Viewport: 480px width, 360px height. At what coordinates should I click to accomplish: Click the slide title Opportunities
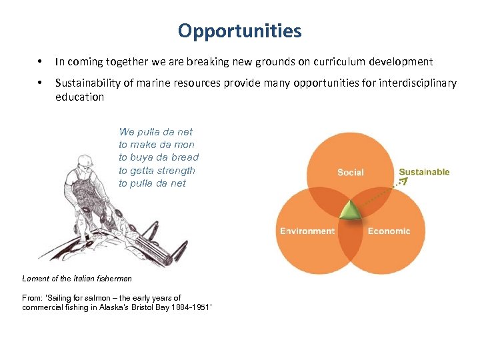[240, 31]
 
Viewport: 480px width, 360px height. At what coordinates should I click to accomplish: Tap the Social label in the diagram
[350, 172]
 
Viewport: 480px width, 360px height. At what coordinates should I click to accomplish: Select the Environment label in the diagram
[307, 231]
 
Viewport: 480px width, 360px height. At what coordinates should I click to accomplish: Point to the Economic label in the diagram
[389, 231]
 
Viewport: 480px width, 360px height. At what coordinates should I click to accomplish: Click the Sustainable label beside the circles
[424, 172]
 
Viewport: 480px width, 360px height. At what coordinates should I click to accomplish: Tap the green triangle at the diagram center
[349, 211]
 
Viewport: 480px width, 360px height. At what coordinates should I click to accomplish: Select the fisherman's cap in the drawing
[85, 161]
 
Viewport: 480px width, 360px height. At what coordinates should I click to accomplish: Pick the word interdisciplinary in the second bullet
[417, 83]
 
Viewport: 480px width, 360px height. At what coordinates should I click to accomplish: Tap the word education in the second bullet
[79, 97]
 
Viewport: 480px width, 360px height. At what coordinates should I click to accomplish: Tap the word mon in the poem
[183, 145]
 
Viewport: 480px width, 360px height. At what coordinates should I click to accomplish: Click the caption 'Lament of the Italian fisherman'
[77, 279]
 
